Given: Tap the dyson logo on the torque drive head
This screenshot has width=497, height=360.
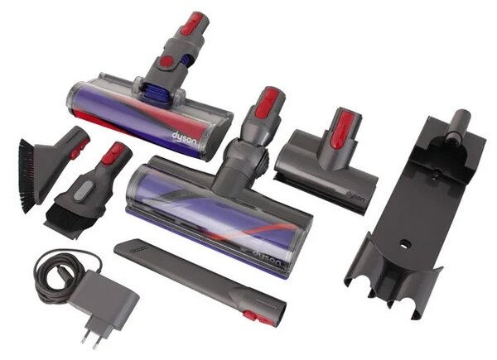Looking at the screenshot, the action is coord(267,257).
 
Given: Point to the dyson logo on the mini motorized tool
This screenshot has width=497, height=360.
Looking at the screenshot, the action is coord(355,197).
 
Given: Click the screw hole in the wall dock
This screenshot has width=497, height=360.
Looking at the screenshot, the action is coord(405,244).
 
